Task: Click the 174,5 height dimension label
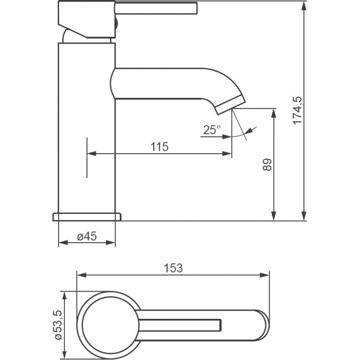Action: click(x=298, y=110)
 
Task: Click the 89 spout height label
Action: click(x=267, y=165)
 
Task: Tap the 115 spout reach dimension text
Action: click(x=159, y=147)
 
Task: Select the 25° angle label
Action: click(x=212, y=130)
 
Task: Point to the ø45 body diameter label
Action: click(x=87, y=236)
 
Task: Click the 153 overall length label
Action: click(x=173, y=268)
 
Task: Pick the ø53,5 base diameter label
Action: click(x=58, y=326)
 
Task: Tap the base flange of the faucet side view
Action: click(x=87, y=217)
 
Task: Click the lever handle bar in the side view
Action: click(x=156, y=8)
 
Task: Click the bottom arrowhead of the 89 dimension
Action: click(x=274, y=216)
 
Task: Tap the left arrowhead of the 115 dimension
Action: click(x=92, y=153)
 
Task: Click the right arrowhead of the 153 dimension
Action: click(x=264, y=275)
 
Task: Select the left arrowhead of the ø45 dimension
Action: click(x=63, y=242)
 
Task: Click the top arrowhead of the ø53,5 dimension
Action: click(x=65, y=296)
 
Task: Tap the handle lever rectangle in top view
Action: click(x=180, y=326)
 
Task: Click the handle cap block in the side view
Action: click(x=87, y=19)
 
